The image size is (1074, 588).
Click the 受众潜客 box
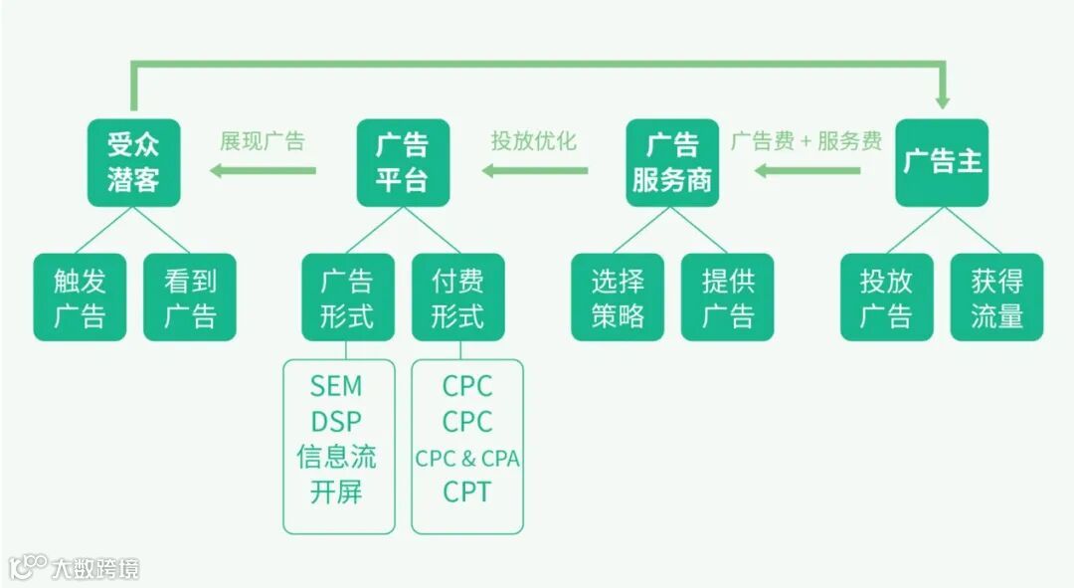(x=133, y=163)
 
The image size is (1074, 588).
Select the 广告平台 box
(x=403, y=163)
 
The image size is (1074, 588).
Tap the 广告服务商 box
(x=672, y=163)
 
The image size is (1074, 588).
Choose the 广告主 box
(x=942, y=163)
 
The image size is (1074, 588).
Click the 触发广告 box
(x=80, y=297)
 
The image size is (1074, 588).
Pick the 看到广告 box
(x=190, y=297)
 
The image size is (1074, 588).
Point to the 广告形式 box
(x=346, y=297)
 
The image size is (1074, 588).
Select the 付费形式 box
(x=457, y=297)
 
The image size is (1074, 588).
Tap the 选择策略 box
(x=618, y=297)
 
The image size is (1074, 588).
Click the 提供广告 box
(x=728, y=297)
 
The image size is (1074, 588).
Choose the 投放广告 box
(x=886, y=297)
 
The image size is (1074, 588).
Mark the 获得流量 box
(x=996, y=297)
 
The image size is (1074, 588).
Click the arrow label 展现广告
(x=263, y=140)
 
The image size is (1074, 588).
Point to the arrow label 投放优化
(x=533, y=140)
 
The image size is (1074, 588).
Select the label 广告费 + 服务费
(x=806, y=140)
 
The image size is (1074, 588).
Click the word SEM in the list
(x=336, y=386)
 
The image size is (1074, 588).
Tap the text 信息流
(x=336, y=457)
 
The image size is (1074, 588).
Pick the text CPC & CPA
(x=467, y=459)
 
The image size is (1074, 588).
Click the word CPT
(x=467, y=491)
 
